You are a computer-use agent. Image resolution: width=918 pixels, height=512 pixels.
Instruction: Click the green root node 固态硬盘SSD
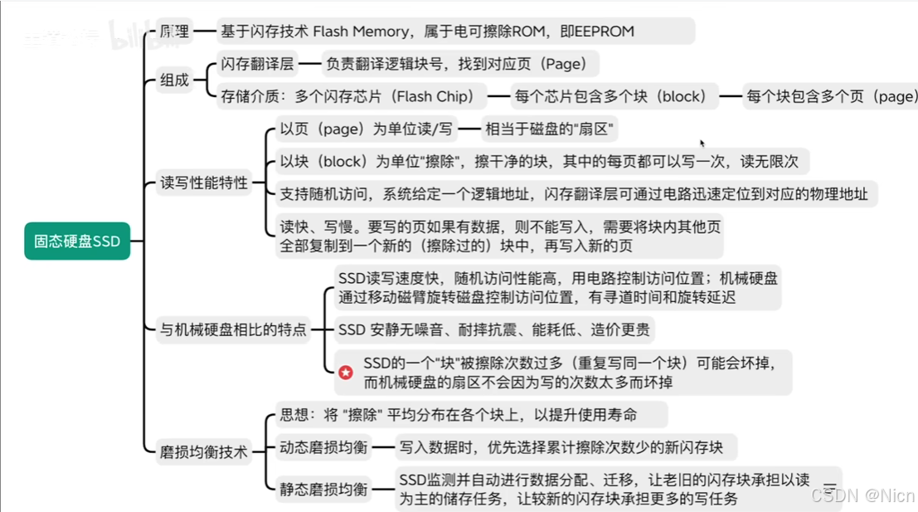(x=77, y=241)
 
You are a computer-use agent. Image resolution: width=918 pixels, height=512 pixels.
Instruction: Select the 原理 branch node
(x=174, y=32)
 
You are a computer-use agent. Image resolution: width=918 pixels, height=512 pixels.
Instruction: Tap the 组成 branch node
(x=174, y=80)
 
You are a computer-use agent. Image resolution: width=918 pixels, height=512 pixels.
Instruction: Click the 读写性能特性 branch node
(x=204, y=183)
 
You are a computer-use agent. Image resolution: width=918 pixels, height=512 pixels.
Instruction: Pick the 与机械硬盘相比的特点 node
(x=233, y=329)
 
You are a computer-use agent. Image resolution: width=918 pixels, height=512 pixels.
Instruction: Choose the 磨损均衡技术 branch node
(x=204, y=451)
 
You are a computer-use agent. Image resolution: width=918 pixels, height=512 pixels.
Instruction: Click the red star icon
(x=346, y=373)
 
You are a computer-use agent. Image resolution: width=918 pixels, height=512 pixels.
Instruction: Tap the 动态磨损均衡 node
(x=323, y=447)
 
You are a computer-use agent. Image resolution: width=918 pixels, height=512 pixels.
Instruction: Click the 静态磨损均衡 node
(x=323, y=489)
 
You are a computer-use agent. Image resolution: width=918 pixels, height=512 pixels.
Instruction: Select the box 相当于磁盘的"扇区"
(x=551, y=129)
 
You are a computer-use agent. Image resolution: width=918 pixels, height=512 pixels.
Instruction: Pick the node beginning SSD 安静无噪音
(x=493, y=329)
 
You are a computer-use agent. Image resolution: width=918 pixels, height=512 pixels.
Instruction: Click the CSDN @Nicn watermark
(x=862, y=495)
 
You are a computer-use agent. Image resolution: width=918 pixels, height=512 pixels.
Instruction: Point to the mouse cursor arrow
(x=702, y=144)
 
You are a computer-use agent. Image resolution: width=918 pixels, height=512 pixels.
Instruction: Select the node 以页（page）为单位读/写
(x=366, y=129)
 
